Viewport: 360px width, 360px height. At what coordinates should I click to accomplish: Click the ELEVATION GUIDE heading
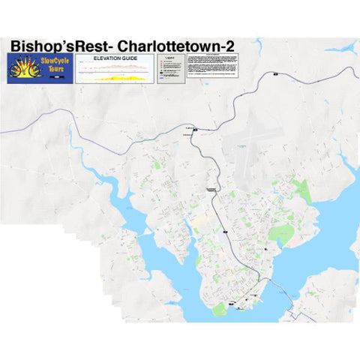tap(114, 58)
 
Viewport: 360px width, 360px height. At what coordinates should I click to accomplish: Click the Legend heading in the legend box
tap(169, 57)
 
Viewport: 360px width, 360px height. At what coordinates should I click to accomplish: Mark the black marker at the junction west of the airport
tap(195, 130)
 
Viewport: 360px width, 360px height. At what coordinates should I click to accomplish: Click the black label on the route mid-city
tap(211, 191)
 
